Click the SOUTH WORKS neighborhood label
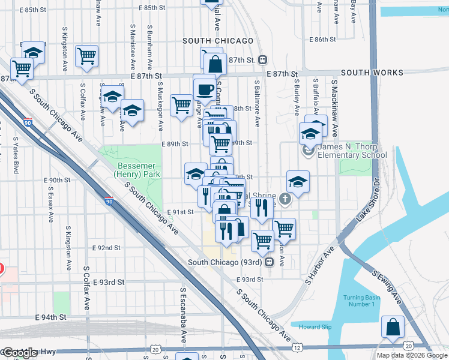tap(372, 73)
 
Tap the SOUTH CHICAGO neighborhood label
tap(218, 41)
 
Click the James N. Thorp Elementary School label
tap(352, 151)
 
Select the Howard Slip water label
tap(315, 327)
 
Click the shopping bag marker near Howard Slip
tap(393, 328)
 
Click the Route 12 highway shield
tap(297, 347)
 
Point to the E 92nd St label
tap(106, 248)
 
